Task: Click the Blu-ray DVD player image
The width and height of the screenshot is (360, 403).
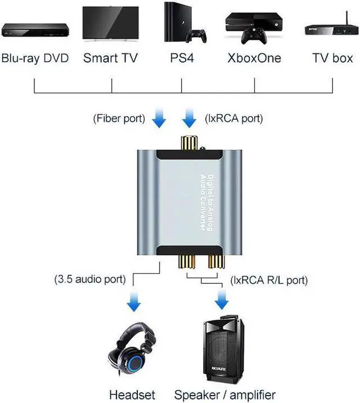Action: point(34,29)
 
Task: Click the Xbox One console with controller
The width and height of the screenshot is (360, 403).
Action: point(254,28)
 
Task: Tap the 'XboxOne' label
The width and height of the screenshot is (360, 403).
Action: point(254,58)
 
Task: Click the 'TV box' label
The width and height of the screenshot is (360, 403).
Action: point(332,58)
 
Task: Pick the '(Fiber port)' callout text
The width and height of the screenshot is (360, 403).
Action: point(119,119)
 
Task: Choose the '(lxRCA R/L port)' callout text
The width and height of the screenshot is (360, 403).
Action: point(269,279)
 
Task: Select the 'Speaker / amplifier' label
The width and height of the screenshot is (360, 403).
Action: point(224,395)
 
